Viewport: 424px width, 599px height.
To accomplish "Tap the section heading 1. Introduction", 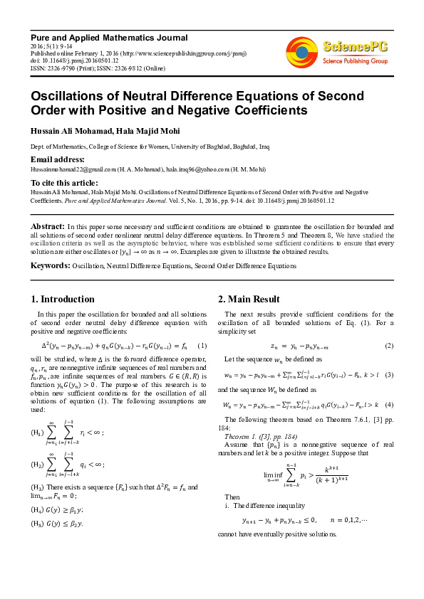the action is [63, 299].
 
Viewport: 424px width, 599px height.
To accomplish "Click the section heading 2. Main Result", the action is [249, 299].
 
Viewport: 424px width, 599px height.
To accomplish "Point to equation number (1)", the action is [202, 345].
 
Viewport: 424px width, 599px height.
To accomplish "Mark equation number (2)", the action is [389, 345].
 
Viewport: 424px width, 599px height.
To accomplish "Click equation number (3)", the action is [389, 374].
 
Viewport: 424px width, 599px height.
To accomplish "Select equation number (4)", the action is [389, 404].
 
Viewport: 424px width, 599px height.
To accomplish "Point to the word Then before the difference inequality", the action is [232, 497].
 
